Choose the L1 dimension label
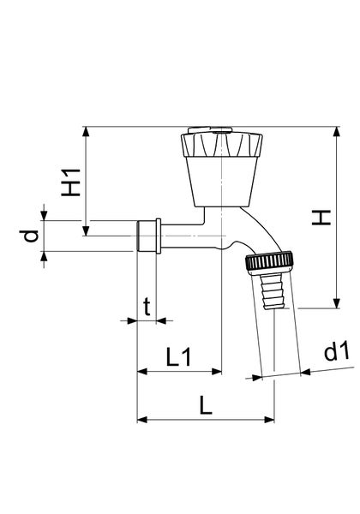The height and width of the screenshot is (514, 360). click(177, 357)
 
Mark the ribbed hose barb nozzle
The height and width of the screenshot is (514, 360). click(268, 290)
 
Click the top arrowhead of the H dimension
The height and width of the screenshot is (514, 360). click(335, 132)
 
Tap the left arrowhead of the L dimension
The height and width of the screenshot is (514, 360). click(142, 420)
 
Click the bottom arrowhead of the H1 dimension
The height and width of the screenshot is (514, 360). click(86, 230)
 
